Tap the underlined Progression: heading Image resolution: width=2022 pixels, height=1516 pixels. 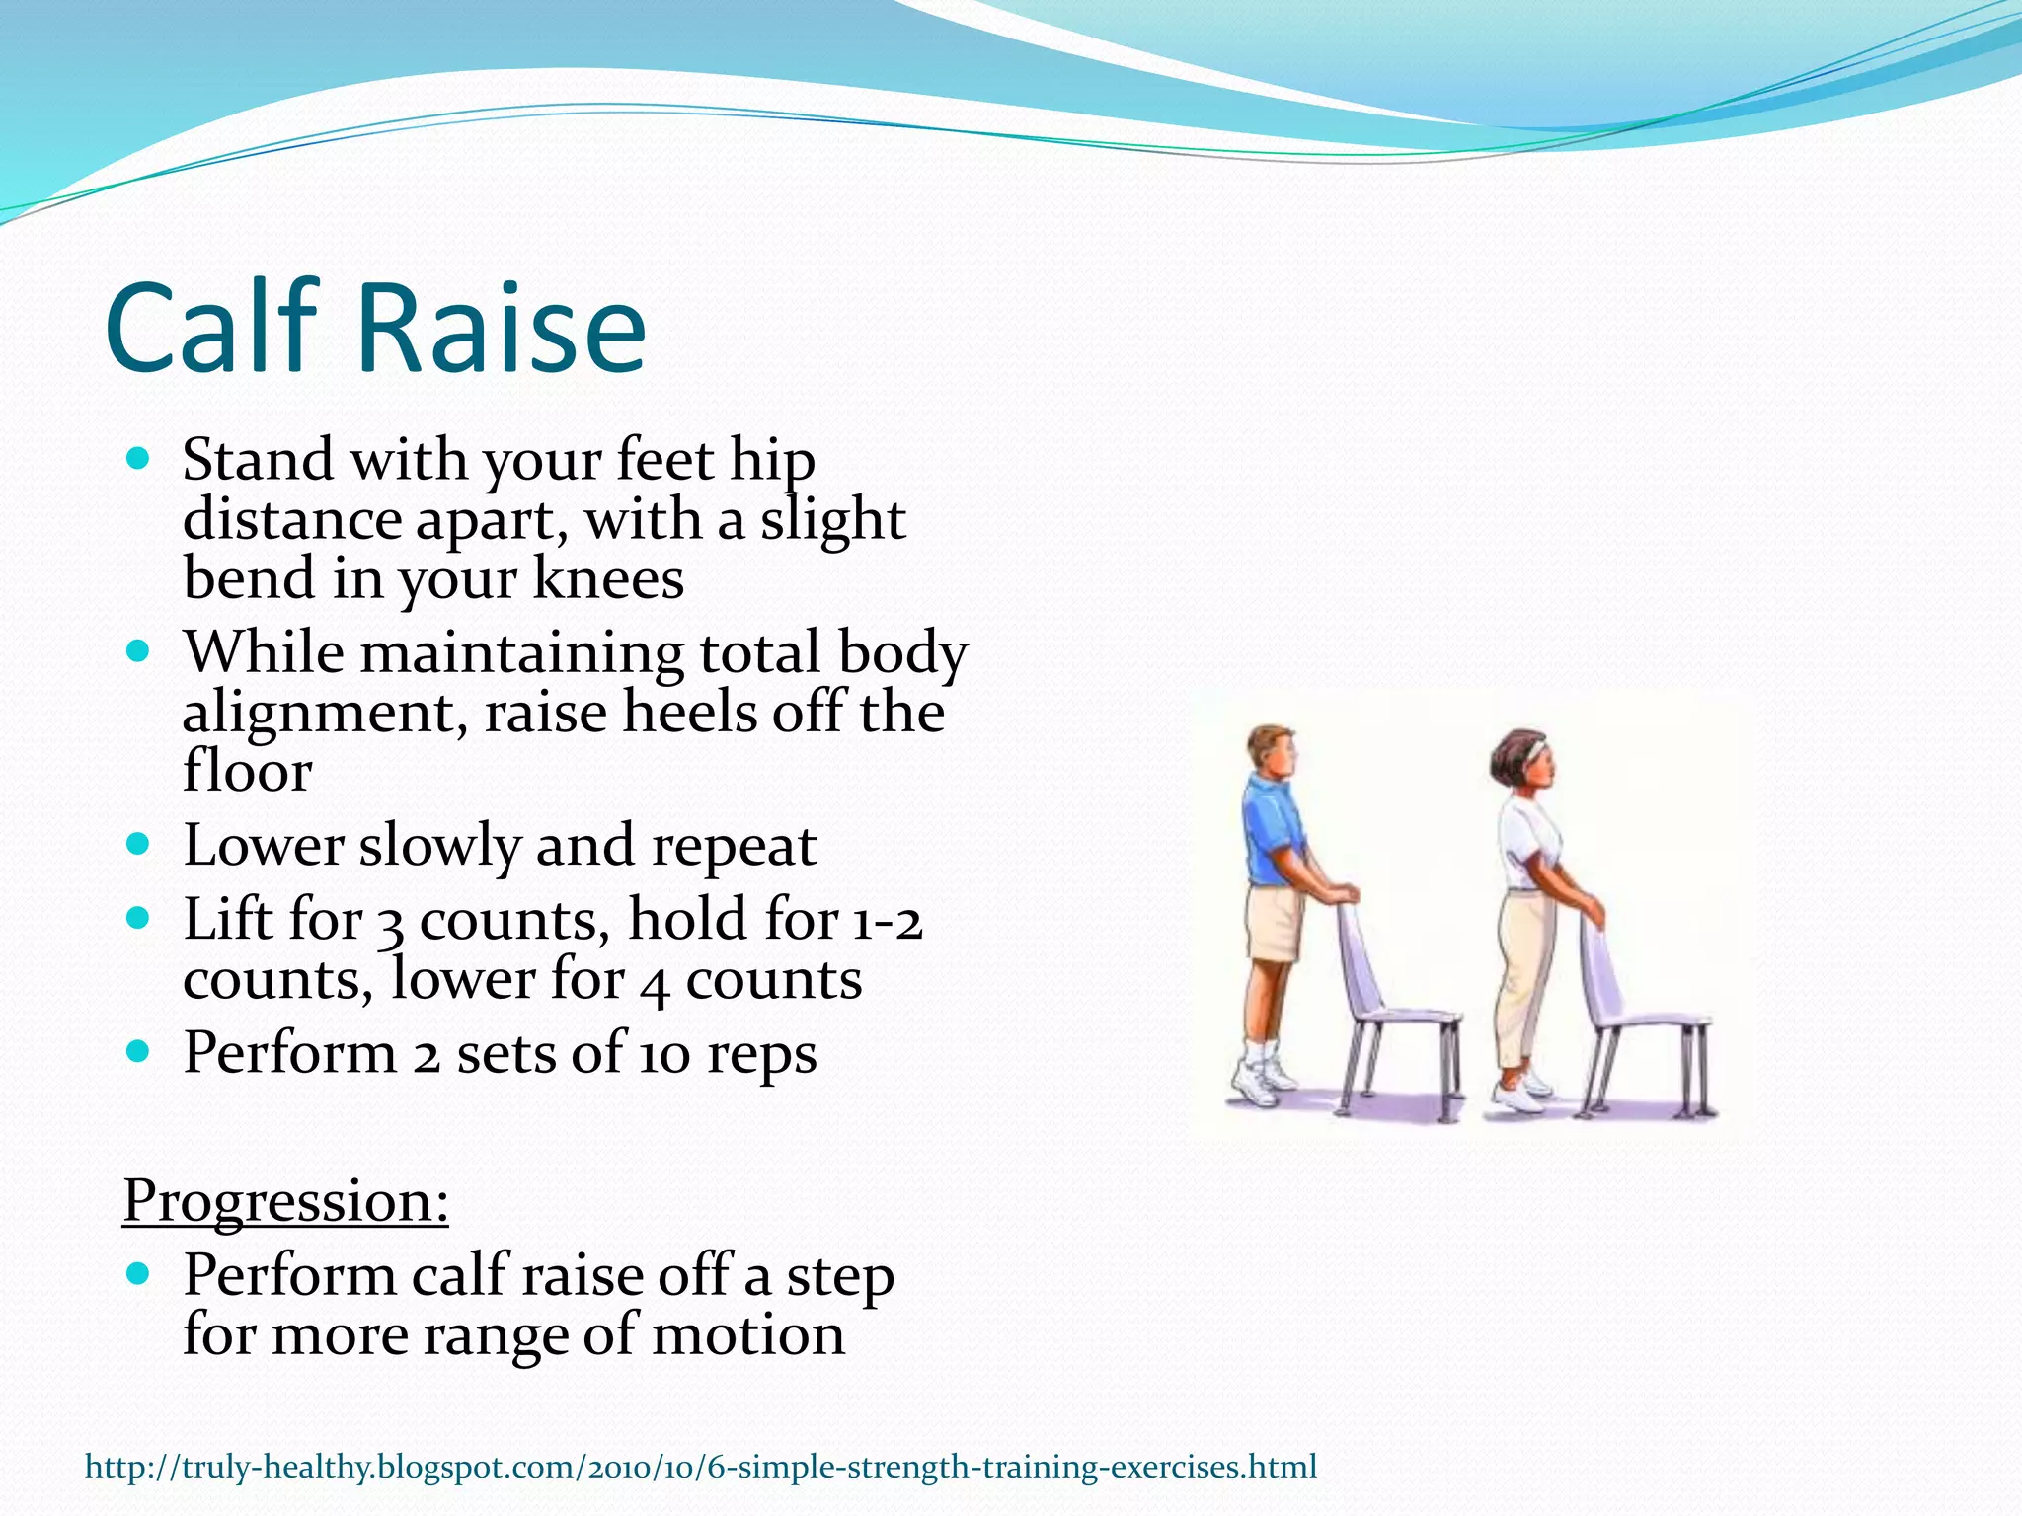click(285, 1201)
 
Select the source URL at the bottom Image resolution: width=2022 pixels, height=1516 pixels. click(701, 1467)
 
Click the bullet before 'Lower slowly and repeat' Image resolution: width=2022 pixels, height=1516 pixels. click(139, 844)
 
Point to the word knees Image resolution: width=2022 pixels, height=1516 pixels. click(608, 579)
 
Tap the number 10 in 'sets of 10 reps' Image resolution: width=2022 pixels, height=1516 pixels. click(664, 1053)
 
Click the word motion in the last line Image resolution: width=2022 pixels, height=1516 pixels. click(747, 1334)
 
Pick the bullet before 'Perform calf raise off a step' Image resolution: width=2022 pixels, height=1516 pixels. click(139, 1273)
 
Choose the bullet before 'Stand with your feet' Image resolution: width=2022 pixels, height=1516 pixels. click(139, 459)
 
